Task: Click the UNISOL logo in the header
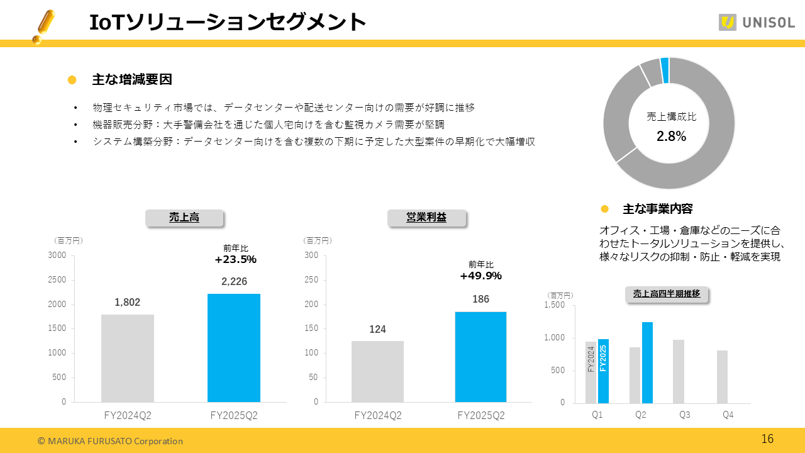point(757,23)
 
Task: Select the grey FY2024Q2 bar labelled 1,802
point(128,358)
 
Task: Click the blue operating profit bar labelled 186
point(480,357)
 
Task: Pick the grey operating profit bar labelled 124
point(377,371)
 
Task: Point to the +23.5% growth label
point(236,259)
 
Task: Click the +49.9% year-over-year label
point(481,276)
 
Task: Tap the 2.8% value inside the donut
point(671,136)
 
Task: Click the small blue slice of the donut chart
point(664,62)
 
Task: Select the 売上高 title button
point(184,218)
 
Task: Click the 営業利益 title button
point(426,218)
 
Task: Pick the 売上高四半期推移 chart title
point(666,294)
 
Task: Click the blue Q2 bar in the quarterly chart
point(647,362)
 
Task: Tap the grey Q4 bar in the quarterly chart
point(722,377)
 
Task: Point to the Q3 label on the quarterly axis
point(684,415)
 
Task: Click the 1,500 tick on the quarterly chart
point(553,305)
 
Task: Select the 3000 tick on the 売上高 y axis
point(57,255)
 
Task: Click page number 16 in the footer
point(767,439)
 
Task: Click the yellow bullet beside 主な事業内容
point(605,209)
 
